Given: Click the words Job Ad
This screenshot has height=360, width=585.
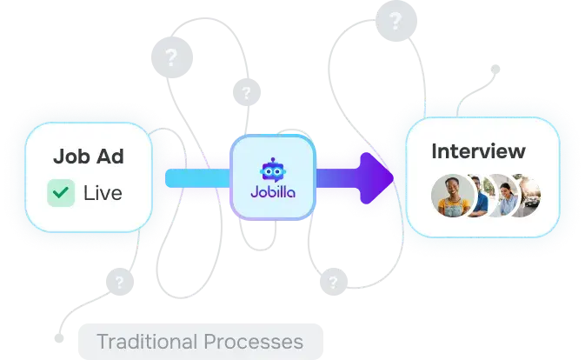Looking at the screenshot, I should click(88, 157).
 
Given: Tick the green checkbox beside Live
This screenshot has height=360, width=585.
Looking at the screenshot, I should click(61, 192).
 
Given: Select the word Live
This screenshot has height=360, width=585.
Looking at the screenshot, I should click(103, 192).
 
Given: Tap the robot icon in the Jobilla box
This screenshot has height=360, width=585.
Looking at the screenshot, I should click(273, 169).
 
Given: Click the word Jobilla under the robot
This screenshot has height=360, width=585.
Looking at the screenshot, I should click(273, 197).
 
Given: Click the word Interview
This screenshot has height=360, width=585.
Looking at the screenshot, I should click(478, 151).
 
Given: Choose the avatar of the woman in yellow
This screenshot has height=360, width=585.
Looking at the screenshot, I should click(451, 197).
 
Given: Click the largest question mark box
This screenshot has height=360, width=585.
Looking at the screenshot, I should click(171, 57).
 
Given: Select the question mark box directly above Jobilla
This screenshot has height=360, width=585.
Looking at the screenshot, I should click(247, 91).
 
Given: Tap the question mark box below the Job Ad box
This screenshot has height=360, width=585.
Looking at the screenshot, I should click(119, 281).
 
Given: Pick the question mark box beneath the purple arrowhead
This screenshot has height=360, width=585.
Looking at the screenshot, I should click(331, 282).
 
